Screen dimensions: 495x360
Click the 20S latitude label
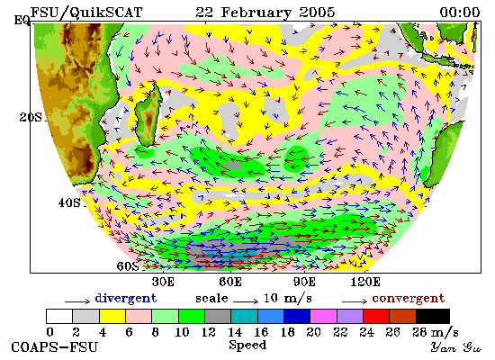31,118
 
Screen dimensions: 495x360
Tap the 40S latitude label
69,202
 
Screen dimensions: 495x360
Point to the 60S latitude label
128,266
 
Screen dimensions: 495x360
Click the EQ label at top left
22,20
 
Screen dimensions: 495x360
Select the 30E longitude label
163,282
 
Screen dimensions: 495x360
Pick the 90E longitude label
304,282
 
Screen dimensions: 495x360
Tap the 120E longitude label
365,282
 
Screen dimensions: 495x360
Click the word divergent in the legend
126,298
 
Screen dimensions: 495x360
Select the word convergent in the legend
409,298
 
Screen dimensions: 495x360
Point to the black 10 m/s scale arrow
246,301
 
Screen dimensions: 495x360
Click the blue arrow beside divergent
77,301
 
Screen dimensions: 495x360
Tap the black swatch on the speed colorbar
433,317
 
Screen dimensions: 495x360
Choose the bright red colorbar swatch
376,317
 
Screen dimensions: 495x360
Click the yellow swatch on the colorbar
112,317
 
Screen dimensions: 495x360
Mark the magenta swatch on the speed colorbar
323,317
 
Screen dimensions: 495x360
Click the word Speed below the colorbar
247,346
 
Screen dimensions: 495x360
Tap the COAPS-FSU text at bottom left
55,347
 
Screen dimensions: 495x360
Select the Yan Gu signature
456,347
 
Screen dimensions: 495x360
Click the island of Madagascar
148,116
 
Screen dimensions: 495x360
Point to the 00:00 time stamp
460,13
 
